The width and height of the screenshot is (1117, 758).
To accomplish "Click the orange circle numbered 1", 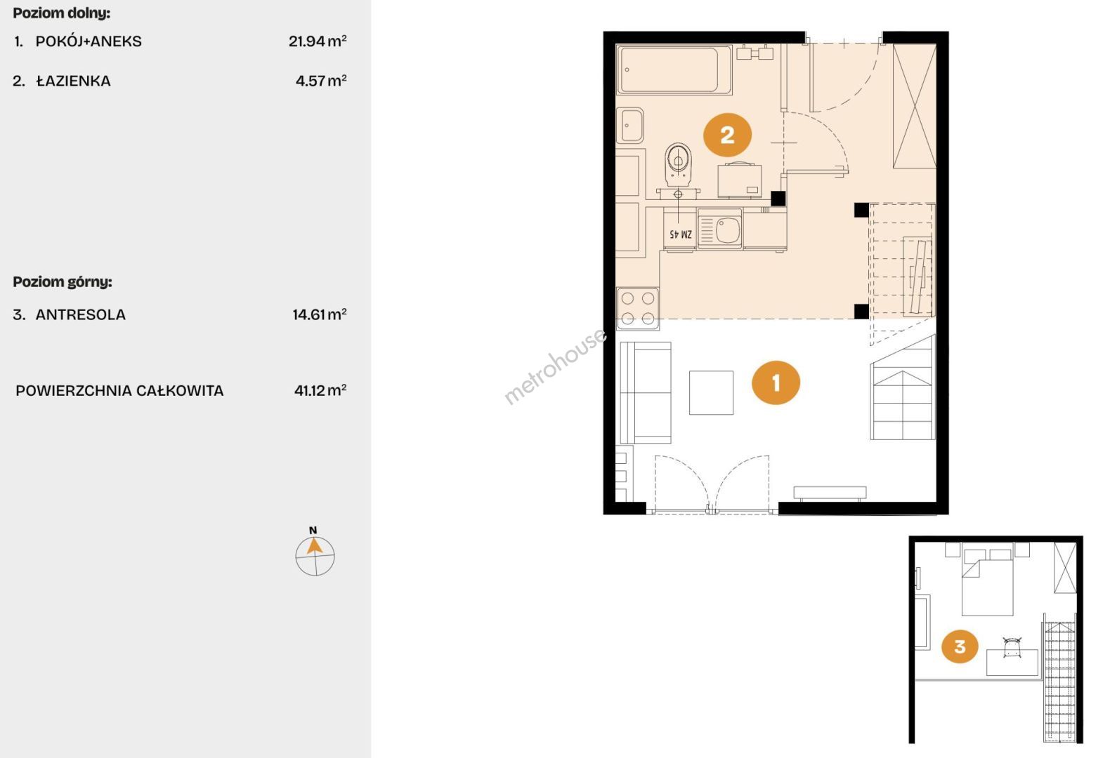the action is pos(776,383).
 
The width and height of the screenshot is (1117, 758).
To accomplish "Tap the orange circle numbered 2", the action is pos(727,135).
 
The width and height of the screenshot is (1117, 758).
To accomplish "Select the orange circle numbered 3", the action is pos(960,646).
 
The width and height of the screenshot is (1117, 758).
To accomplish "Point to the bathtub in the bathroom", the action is pos(674,69).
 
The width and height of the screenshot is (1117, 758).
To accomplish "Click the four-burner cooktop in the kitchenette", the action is pos(638,309).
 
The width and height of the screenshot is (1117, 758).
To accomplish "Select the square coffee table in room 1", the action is pos(711,392).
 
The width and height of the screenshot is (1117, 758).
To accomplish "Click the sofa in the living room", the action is pos(646,392).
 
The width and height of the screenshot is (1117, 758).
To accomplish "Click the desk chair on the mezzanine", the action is pos(1012,647).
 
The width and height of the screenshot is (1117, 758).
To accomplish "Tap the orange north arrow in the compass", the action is pos(313,547).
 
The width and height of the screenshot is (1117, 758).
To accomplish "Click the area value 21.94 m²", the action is pos(317,40).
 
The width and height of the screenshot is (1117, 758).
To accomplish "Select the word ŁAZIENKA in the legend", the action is pos(73,81).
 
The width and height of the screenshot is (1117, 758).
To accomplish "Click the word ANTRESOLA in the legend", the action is pos(80,314).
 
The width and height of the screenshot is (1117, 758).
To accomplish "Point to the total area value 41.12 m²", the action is pos(320,390).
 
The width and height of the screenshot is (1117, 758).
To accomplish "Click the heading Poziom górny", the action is pos(63,282).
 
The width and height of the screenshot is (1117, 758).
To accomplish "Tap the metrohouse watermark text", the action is pos(554,366).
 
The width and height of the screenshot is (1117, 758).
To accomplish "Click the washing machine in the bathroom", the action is pos(740,180).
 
